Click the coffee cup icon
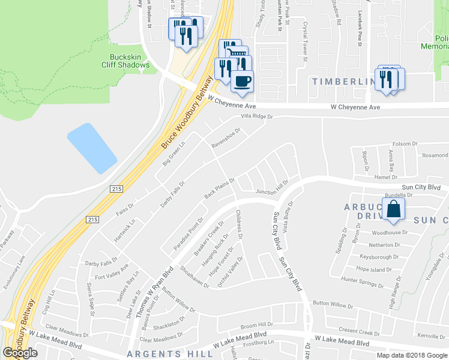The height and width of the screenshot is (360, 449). (242, 81)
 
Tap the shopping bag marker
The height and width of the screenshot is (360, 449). (394, 209)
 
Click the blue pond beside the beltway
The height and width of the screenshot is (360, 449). (92, 147)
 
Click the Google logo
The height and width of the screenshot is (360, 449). (20, 353)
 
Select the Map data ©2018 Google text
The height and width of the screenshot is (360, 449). (412, 355)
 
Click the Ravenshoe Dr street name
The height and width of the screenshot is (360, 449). (226, 138)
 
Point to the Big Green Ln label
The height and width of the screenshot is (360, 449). (175, 153)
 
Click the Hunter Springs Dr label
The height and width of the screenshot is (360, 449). (362, 280)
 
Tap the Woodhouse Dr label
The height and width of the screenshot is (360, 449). (390, 232)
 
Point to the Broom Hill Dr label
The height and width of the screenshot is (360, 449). (257, 324)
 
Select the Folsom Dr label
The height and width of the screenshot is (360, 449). (405, 144)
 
